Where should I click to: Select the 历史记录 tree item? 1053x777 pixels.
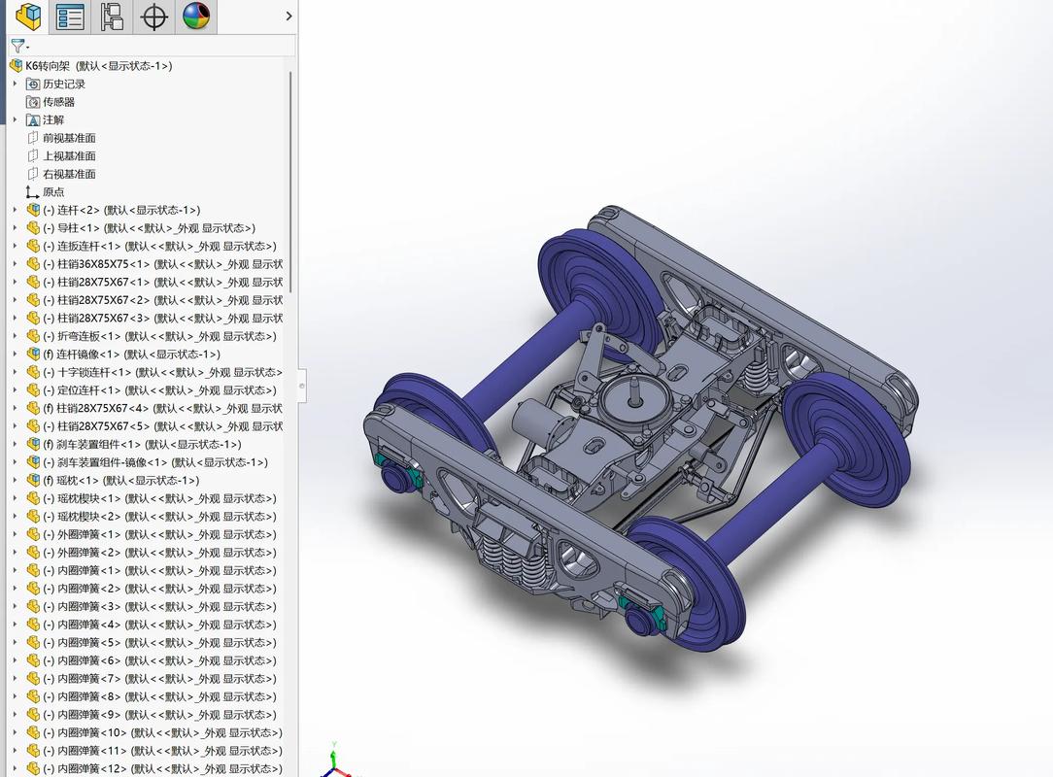click(63, 84)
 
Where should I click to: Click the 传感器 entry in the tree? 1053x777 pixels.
click(58, 102)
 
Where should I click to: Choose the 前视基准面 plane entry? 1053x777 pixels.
click(68, 138)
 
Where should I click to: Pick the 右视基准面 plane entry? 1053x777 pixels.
click(68, 174)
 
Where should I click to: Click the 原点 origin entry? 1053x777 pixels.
click(53, 192)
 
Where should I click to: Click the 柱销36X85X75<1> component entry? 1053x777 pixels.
click(103, 264)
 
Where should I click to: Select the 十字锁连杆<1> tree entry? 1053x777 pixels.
click(93, 372)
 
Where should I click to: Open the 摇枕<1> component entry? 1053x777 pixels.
click(78, 481)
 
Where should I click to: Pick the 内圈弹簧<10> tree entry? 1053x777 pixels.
click(92, 733)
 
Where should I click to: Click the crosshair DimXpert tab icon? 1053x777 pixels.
click(153, 17)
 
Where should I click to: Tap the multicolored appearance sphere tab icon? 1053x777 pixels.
click(196, 17)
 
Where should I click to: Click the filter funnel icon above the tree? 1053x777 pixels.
click(17, 46)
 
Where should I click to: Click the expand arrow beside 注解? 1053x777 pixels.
click(15, 120)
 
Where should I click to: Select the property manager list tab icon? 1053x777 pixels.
click(70, 17)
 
